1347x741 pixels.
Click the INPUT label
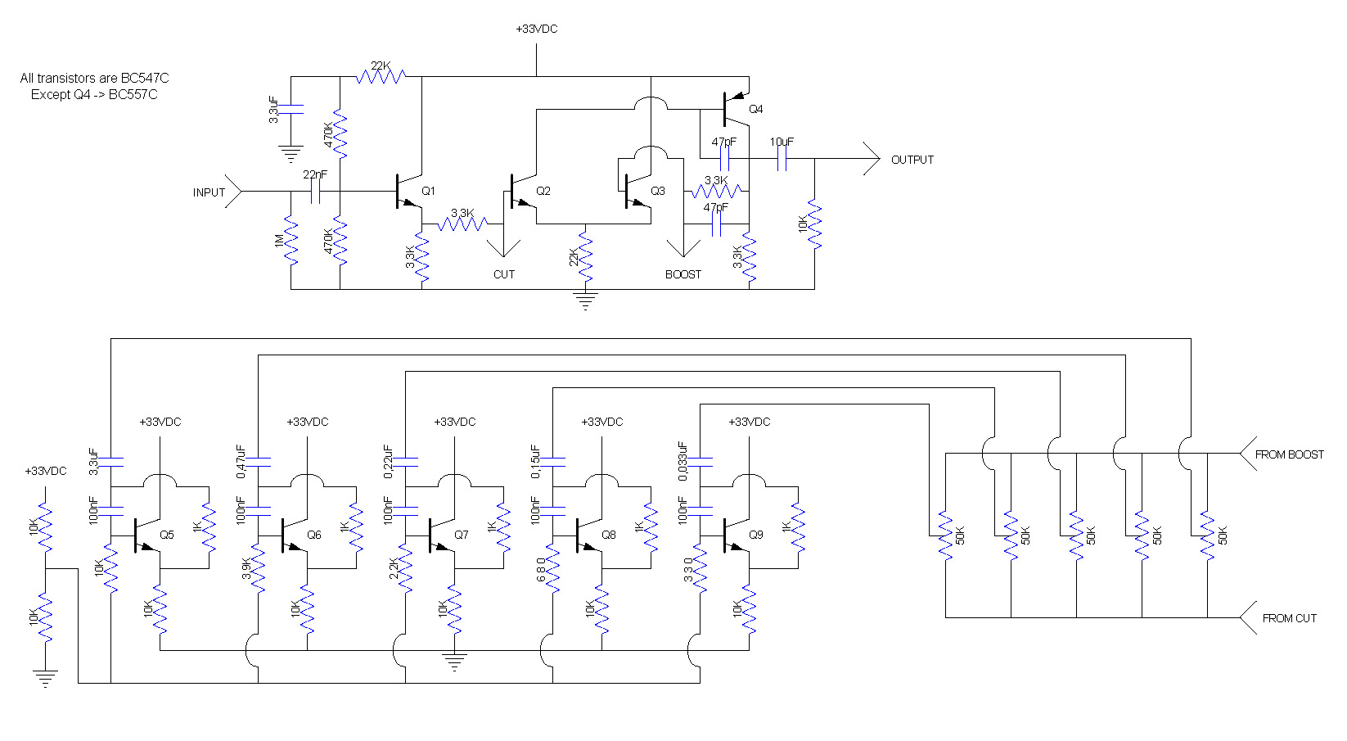click(x=209, y=192)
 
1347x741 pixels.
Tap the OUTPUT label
click(x=912, y=160)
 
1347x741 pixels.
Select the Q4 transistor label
click(x=756, y=109)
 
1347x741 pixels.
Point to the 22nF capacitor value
click(x=315, y=174)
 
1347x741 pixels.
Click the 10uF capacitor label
click(x=782, y=142)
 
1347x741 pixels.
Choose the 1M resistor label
click(x=279, y=241)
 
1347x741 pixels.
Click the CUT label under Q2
click(x=504, y=274)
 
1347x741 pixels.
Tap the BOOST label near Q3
click(x=683, y=274)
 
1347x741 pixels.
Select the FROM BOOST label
click(x=1289, y=454)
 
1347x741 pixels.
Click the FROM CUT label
click(x=1289, y=618)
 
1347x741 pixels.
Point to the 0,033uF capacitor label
click(x=683, y=461)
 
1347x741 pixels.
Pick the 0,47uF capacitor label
click(x=241, y=461)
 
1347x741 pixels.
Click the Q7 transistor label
click(x=462, y=535)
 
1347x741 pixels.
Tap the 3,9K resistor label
click(x=246, y=568)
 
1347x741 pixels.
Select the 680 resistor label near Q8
click(x=541, y=569)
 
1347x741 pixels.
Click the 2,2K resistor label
click(x=394, y=568)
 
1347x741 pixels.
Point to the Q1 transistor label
click(x=428, y=191)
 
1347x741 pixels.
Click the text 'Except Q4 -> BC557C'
click(x=94, y=94)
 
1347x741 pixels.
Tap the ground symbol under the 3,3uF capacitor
click(x=291, y=154)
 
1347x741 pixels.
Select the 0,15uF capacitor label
click(x=535, y=461)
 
